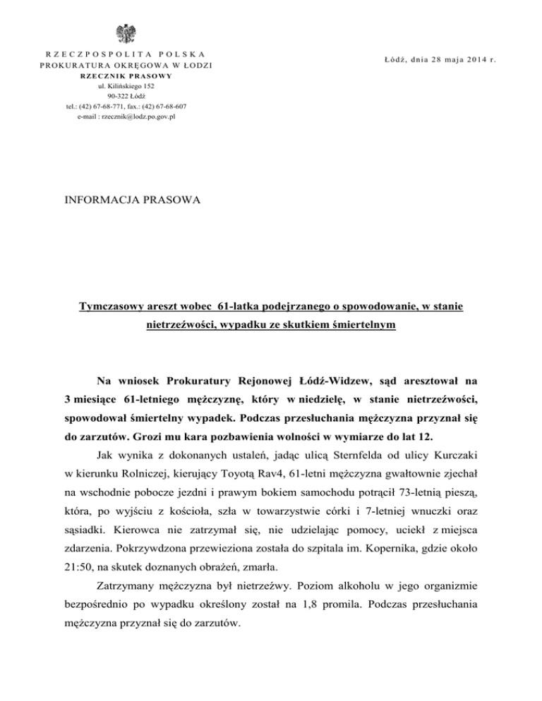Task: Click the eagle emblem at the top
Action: (128, 34)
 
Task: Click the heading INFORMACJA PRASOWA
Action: (132, 200)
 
